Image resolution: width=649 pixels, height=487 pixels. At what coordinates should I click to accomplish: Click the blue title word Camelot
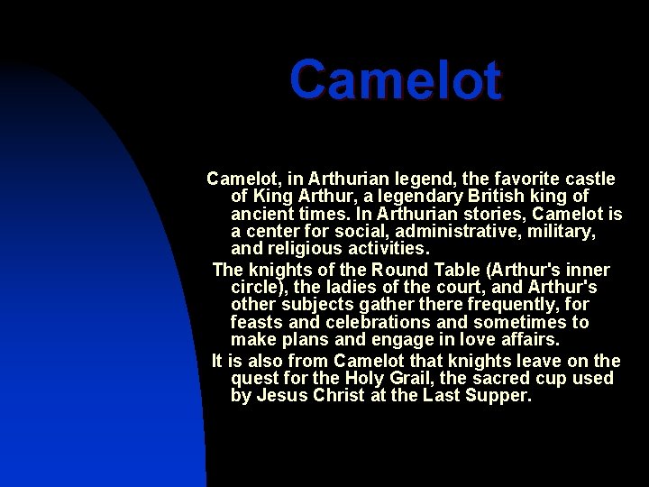pos(395,80)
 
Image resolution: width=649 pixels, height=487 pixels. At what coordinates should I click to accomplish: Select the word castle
pos(587,179)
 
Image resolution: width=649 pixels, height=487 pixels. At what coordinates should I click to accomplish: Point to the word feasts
pos(258,322)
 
